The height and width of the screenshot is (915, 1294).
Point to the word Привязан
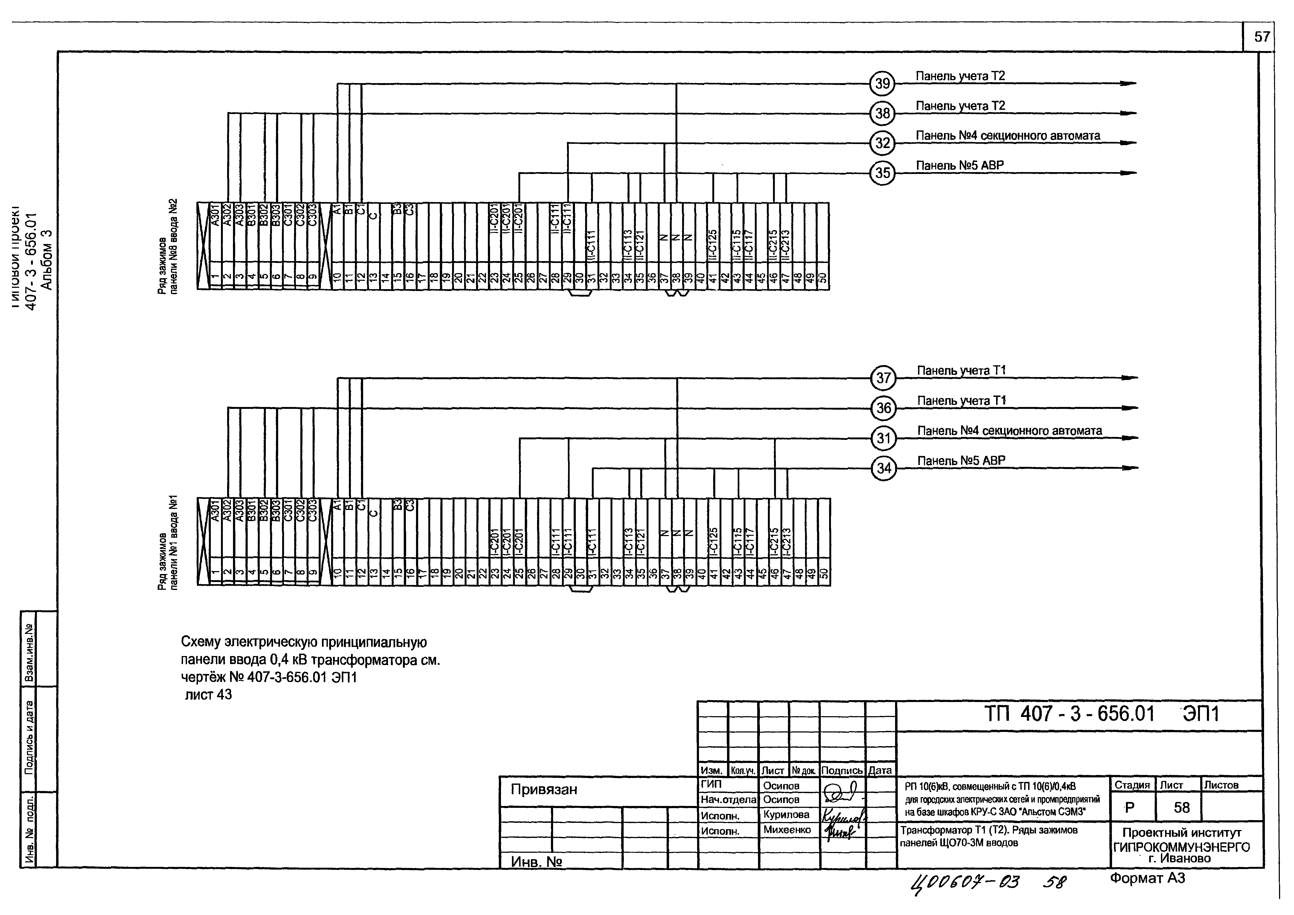[544, 789]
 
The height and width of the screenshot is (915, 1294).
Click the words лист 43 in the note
[208, 695]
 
